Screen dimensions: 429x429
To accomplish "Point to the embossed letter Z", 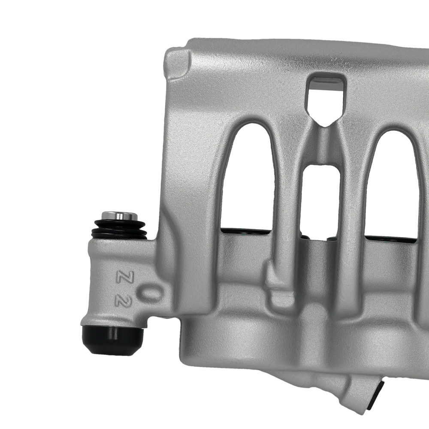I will [x=121, y=277].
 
